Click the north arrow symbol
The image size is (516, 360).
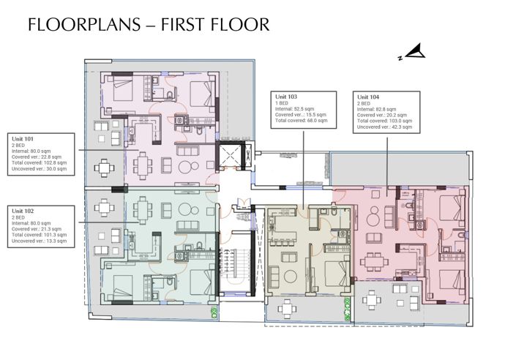point(414,52)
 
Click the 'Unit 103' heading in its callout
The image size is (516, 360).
point(286,97)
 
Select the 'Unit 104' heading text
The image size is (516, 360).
point(367,97)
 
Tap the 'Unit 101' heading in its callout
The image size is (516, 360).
point(23,138)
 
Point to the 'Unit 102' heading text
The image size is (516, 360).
point(23,211)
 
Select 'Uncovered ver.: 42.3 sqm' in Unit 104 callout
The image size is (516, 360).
point(384,127)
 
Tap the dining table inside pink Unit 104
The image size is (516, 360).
point(374,261)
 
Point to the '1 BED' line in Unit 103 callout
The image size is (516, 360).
point(283,103)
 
